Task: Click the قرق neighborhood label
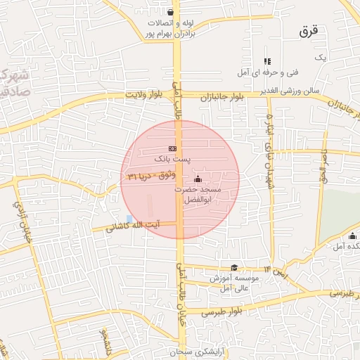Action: click(309, 31)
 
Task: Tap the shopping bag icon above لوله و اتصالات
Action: click(171, 12)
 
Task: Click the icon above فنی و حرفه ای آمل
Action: click(266, 62)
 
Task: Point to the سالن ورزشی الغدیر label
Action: click(289, 91)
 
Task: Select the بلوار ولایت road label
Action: click(148, 94)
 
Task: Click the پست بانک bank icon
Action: click(173, 148)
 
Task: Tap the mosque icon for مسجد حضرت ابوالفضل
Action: click(197, 178)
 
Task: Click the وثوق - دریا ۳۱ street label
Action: click(150, 174)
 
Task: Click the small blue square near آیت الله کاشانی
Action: click(128, 219)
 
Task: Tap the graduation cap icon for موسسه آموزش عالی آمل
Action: click(234, 267)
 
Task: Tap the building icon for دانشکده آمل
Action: click(352, 236)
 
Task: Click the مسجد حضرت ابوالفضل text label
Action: click(202, 195)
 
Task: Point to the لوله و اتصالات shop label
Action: click(174, 27)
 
